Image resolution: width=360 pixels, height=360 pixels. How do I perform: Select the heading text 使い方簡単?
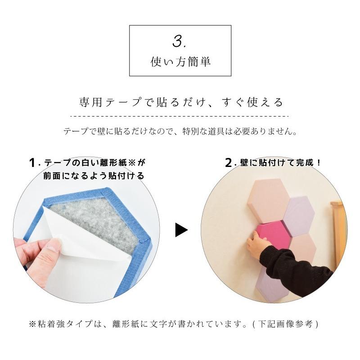click(x=180, y=62)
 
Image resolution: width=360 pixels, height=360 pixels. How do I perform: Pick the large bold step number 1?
click(x=32, y=163)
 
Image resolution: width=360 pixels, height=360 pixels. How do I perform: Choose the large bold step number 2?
click(x=228, y=163)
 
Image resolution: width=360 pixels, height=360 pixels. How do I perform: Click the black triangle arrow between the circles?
click(x=181, y=230)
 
